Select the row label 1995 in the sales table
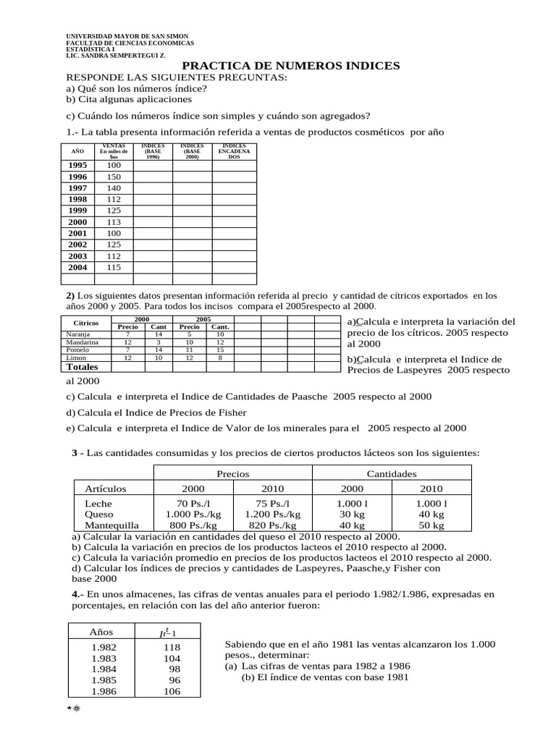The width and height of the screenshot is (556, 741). (77, 165)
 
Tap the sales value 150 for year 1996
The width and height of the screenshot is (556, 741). (114, 177)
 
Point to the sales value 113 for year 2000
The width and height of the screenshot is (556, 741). (114, 222)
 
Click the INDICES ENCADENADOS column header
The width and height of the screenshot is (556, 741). (234, 151)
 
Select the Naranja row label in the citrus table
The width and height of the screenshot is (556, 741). (78, 334)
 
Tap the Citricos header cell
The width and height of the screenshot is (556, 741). (86, 322)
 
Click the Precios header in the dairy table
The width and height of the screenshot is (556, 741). (233, 473)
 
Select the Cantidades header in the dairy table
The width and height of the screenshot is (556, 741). (391, 473)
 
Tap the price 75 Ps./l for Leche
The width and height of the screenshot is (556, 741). (273, 503)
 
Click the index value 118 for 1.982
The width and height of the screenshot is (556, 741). (172, 648)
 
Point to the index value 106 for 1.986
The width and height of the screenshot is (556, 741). (172, 691)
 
